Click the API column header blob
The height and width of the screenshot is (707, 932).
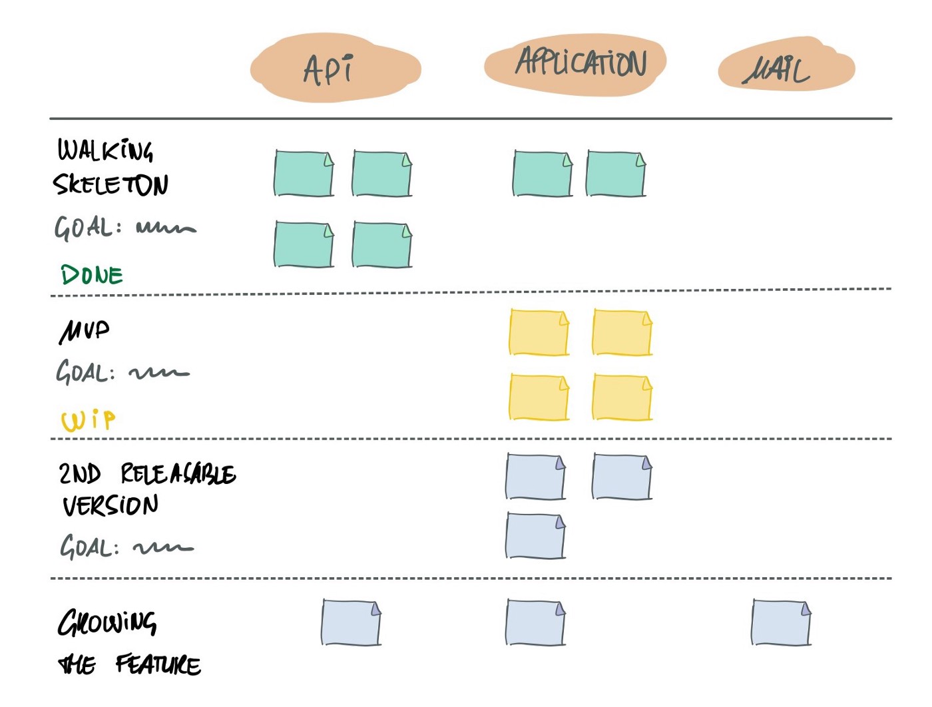[x=335, y=69]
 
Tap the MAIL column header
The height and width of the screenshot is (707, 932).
[x=785, y=67]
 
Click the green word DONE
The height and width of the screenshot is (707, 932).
[x=91, y=275]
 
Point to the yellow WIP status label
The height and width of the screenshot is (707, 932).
[x=88, y=420]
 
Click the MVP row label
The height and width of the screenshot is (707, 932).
[x=84, y=331]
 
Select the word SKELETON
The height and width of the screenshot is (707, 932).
[x=111, y=184]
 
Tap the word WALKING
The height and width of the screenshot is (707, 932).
[x=105, y=150]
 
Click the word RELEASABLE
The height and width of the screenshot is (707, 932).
[x=178, y=475]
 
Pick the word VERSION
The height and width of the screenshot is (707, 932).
[x=111, y=506]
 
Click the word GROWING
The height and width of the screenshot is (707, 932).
[x=107, y=623]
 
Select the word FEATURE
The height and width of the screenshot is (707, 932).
[x=158, y=664]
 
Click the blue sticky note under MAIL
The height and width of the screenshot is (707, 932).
[x=781, y=622]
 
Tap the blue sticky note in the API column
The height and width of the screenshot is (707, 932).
[x=351, y=622]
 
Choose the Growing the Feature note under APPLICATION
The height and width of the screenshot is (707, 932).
[x=535, y=622]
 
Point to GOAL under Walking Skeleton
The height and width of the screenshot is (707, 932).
[x=84, y=228]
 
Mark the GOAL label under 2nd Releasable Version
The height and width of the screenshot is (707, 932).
[x=89, y=548]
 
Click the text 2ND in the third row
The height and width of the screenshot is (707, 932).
[x=79, y=474]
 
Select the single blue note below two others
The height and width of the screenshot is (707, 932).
[x=535, y=536]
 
